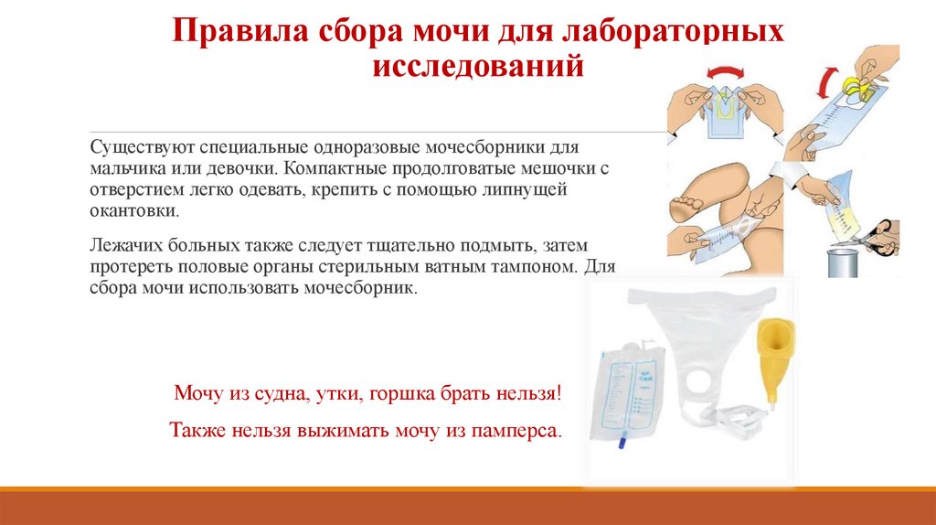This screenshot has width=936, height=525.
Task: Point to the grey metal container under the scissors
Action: coord(845,260)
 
